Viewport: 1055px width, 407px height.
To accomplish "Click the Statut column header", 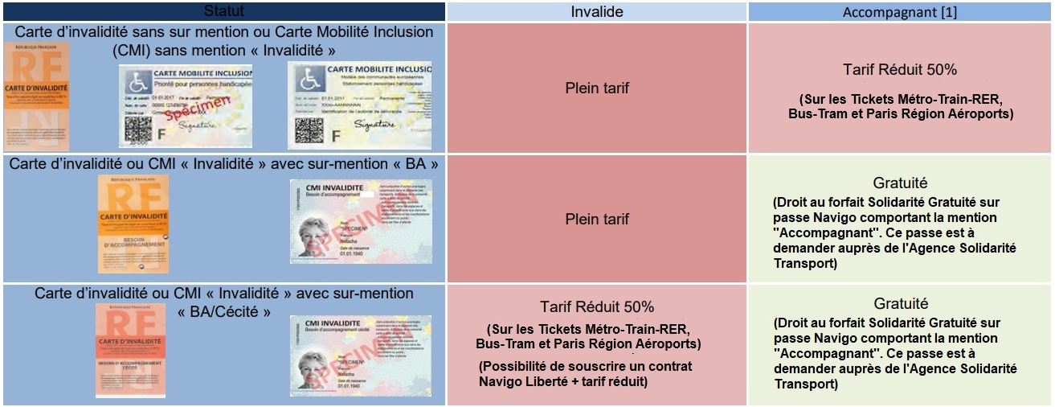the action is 223,11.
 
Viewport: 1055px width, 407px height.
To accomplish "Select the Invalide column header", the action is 596,12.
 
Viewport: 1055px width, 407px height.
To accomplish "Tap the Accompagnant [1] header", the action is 900,12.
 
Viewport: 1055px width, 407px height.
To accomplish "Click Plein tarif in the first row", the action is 595,88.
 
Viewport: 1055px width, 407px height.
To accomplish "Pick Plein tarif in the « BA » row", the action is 595,219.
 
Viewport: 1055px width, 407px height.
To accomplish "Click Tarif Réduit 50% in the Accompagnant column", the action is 900,69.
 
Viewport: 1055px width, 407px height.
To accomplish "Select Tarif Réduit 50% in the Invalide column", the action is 596,307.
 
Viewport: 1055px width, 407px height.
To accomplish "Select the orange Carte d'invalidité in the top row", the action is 36,97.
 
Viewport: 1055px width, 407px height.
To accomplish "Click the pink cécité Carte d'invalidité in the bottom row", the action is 135,350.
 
